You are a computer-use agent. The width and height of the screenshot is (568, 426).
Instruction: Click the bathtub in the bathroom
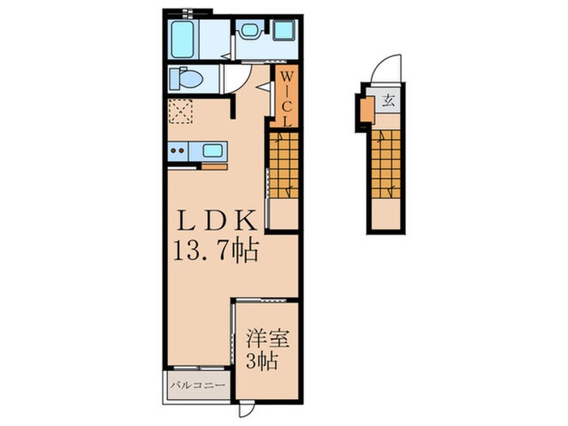(x=182, y=39)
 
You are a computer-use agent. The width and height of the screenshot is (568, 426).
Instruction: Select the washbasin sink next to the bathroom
(x=250, y=30)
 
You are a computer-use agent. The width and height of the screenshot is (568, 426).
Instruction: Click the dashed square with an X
(x=181, y=111)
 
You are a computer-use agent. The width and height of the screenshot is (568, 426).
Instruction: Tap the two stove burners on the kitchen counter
(x=177, y=151)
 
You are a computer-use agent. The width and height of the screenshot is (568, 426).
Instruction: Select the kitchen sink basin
(x=212, y=151)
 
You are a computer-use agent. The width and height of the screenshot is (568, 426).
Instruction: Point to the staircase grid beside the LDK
(x=283, y=164)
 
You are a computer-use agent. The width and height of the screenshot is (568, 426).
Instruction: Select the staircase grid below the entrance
(x=385, y=164)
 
